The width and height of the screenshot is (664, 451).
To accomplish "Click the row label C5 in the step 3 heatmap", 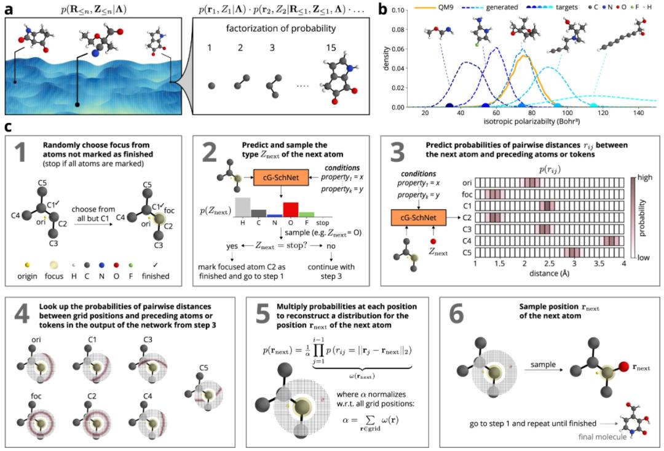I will [x=468, y=252].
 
